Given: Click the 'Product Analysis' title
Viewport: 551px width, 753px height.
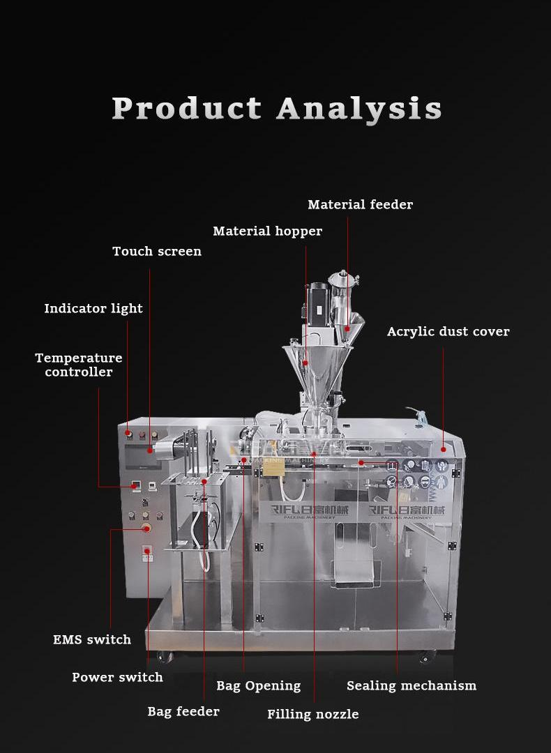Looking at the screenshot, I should [277, 109].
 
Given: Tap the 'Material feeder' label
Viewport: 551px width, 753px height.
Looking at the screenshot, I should [360, 204].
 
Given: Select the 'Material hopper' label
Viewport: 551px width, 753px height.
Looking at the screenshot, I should [267, 231].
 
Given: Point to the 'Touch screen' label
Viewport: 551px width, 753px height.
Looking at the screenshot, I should [157, 251].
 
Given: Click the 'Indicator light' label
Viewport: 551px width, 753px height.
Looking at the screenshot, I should [93, 308].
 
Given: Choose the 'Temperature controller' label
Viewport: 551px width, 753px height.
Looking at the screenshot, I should [79, 365].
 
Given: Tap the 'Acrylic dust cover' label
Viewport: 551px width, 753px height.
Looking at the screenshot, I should [448, 332].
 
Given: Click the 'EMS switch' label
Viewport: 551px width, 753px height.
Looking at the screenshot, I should [92, 639].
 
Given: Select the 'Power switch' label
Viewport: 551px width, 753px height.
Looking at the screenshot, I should [117, 677].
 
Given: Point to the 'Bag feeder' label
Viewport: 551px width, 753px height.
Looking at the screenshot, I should [183, 712].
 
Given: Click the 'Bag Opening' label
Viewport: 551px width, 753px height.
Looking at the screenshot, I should [258, 685].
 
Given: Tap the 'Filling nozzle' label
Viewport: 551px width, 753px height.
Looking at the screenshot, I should [313, 714].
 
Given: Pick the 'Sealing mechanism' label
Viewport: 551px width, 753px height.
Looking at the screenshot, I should [412, 685].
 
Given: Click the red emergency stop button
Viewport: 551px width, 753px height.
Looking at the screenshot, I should [146, 528].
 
